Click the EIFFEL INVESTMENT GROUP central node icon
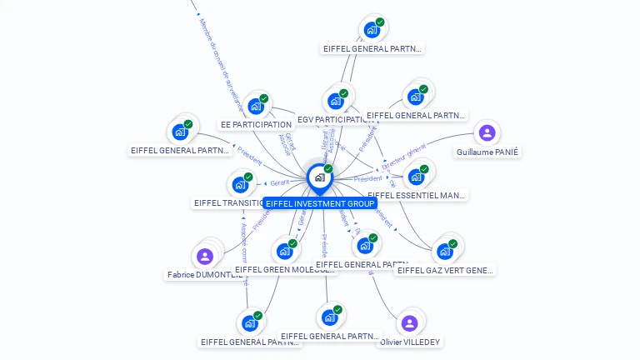click(319, 177)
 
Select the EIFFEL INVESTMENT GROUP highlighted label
click(320, 203)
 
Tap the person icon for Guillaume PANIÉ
click(487, 132)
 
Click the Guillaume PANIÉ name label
click(487, 152)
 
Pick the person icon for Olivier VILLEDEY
click(409, 323)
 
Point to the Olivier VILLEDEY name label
click(410, 342)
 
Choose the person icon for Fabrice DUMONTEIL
click(205, 256)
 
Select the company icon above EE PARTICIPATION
click(256, 106)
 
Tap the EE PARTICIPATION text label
click(256, 125)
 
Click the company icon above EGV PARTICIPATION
click(336, 101)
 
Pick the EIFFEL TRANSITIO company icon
click(240, 184)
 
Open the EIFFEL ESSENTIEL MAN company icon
click(416, 177)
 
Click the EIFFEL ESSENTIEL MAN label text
click(417, 196)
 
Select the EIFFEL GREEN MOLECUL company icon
click(284, 251)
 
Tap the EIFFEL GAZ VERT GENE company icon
click(445, 251)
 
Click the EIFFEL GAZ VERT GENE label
click(445, 270)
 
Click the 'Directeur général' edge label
click(404, 156)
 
